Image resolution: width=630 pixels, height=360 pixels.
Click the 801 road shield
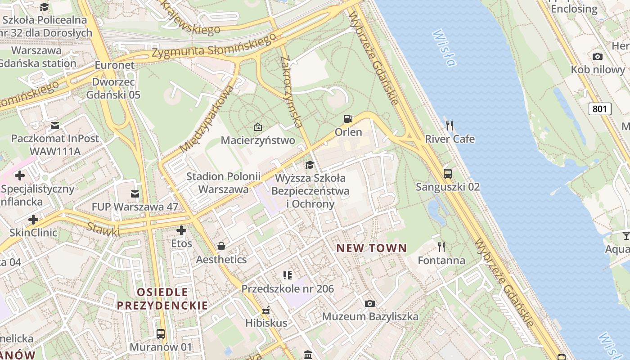point(600,108)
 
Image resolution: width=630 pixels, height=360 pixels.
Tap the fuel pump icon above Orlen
point(348,119)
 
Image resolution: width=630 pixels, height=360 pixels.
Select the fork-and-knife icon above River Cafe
point(449,125)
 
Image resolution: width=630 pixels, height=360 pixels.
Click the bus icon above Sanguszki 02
point(448,173)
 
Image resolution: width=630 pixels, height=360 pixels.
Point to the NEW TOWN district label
point(372,248)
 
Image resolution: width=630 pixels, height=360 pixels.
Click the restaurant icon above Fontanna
point(441,247)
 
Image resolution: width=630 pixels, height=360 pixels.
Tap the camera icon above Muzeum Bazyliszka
point(370,303)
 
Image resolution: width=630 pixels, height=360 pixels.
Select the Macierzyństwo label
point(258,140)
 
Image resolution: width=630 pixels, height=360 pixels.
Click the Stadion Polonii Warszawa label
point(224,183)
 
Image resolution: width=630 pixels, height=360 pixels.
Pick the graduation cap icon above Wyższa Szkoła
point(310,165)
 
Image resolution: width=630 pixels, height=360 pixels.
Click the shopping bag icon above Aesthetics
point(221,246)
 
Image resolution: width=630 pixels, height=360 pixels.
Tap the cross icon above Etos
point(181,231)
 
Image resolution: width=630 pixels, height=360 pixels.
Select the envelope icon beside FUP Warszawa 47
point(135,194)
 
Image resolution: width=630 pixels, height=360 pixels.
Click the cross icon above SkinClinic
point(33,220)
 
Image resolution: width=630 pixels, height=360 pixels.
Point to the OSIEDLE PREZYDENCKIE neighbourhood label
point(163,299)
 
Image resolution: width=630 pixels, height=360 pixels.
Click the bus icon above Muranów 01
point(161,334)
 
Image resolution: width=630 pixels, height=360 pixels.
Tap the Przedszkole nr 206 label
point(288,288)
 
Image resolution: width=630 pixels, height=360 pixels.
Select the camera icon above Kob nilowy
point(598,56)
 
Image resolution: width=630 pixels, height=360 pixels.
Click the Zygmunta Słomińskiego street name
point(213,46)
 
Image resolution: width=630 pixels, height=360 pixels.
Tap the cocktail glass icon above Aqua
point(626,235)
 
